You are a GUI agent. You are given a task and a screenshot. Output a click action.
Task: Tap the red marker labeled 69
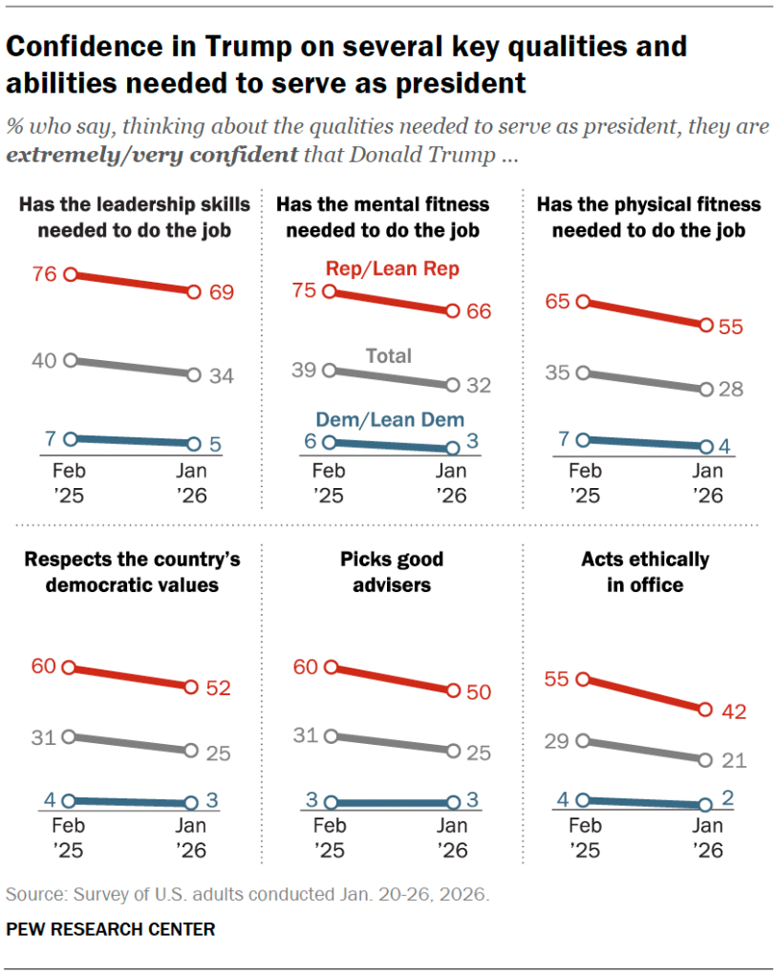tap(194, 292)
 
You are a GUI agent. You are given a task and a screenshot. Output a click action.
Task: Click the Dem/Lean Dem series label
tap(390, 419)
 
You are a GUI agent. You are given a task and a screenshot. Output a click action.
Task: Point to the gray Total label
tap(389, 356)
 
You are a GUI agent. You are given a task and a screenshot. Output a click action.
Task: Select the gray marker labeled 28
tap(706, 390)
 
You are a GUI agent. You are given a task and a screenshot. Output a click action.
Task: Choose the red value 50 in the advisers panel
tap(478, 693)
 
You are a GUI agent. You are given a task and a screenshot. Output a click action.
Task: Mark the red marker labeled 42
tap(706, 710)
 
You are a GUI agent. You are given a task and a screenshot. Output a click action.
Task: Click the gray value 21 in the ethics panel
tap(734, 761)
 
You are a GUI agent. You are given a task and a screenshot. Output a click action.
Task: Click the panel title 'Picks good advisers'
tap(391, 571)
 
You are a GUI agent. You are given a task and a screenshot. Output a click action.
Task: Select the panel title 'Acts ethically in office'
tap(645, 571)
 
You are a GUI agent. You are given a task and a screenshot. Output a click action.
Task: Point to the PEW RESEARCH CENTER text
tap(111, 928)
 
